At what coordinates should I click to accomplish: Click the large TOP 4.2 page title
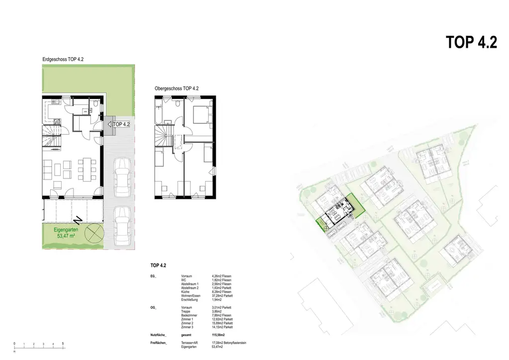click(472, 42)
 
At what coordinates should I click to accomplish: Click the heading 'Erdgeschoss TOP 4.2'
click(63, 60)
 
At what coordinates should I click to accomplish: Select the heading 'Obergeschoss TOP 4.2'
click(176, 89)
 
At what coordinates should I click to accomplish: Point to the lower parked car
click(121, 226)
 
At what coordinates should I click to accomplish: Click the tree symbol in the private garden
click(93, 232)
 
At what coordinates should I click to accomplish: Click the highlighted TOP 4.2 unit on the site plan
click(338, 214)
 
